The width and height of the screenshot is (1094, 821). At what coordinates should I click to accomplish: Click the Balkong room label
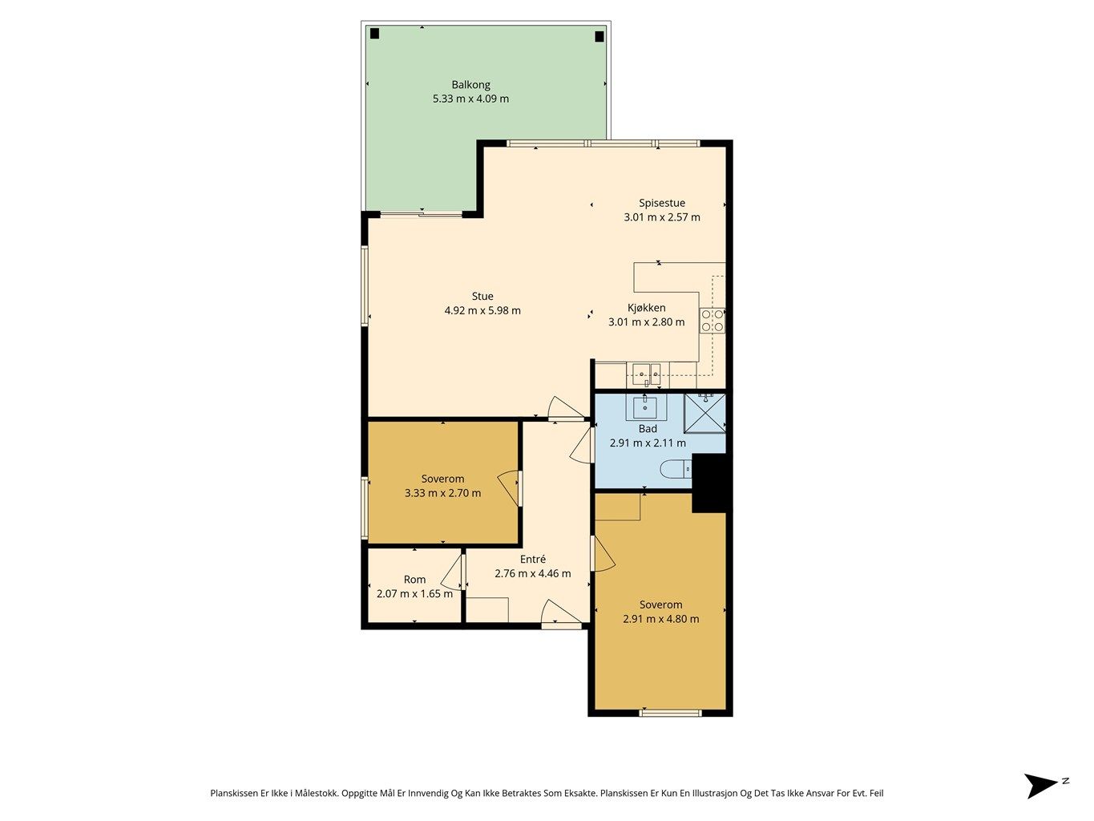(470, 85)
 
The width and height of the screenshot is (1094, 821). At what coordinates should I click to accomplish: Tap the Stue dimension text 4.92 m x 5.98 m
(482, 310)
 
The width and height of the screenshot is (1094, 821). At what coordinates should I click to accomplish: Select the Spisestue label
(661, 204)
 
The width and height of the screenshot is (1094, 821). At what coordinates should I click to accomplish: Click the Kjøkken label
(646, 308)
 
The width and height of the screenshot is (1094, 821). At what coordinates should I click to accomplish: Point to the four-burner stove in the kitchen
(712, 321)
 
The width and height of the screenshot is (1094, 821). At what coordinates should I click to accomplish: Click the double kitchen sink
(647, 374)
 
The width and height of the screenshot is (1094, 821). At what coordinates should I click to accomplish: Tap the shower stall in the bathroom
(704, 413)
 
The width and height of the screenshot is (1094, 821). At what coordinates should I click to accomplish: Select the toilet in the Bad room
(676, 469)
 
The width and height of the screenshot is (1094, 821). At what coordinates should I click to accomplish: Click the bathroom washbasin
(645, 406)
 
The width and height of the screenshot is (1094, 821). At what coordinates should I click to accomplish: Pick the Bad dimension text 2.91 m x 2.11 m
(647, 443)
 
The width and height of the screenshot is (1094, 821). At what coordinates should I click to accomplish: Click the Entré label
(532, 559)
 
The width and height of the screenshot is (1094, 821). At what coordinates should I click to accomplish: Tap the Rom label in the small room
(414, 579)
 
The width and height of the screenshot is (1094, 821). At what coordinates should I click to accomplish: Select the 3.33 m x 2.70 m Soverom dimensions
(442, 493)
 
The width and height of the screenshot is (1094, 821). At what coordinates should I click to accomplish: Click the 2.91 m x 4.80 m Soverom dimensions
(660, 619)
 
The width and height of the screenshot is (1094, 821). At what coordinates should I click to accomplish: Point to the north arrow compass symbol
(1044, 786)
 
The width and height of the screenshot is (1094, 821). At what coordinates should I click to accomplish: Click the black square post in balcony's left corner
(375, 34)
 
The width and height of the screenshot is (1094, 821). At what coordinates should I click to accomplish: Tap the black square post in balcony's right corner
(599, 36)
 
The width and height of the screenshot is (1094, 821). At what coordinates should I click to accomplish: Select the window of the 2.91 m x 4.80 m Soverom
(670, 713)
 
